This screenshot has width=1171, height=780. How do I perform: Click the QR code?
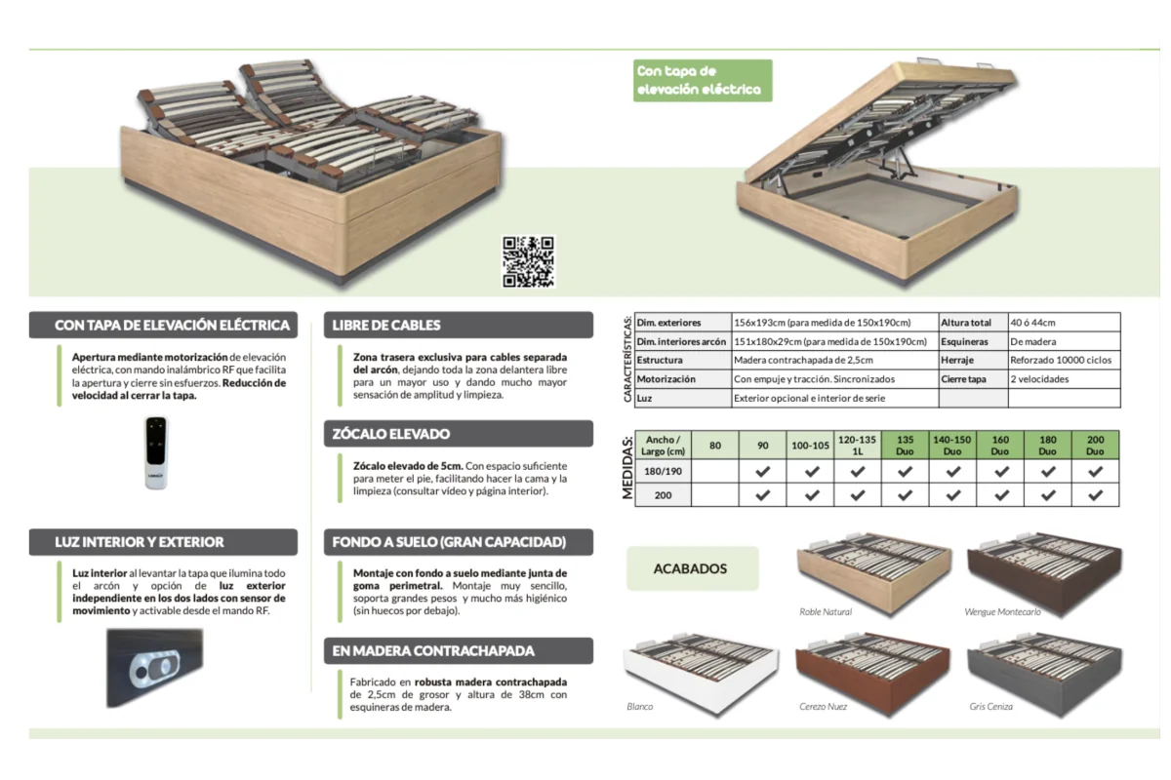[528, 261]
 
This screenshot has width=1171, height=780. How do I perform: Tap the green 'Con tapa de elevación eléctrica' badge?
[703, 81]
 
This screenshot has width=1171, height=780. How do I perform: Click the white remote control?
[156, 452]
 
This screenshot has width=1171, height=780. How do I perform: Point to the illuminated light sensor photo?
[155, 668]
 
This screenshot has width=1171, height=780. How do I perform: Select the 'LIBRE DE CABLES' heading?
[459, 325]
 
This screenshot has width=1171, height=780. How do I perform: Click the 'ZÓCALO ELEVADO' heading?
[459, 434]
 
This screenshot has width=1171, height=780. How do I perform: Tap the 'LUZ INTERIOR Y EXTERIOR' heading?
[163, 542]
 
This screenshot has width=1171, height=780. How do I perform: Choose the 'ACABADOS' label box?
[693, 568]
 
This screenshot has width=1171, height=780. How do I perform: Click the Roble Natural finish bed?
[873, 573]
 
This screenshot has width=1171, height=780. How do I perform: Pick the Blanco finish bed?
[701, 674]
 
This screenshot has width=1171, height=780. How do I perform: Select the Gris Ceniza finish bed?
[1045, 674]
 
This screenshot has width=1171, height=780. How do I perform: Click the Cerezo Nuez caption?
[823, 706]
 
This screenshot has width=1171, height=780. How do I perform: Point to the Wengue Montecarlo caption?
[1002, 611]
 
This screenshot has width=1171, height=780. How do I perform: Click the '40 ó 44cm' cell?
[1064, 323]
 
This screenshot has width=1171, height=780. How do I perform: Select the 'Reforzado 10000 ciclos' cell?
[1064, 360]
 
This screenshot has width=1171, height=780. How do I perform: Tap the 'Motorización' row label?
[683, 378]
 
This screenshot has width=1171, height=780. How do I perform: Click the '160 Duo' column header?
[999, 446]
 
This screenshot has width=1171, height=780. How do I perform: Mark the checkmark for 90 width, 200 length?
[762, 494]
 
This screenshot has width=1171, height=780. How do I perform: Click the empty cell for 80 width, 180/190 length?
[714, 471]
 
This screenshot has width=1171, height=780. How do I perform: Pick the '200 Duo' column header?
[1095, 446]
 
